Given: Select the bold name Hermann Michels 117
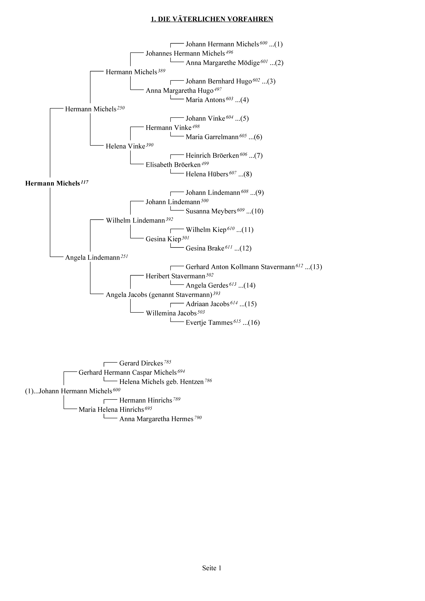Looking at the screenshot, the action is click(x=57, y=183).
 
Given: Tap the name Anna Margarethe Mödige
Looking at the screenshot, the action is click(x=223, y=63).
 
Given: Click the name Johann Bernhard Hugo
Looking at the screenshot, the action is click(x=219, y=81).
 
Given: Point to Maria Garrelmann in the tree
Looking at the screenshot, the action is click(x=212, y=137).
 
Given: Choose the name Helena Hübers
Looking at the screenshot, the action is click(x=207, y=174).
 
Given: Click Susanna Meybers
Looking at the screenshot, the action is click(x=211, y=211).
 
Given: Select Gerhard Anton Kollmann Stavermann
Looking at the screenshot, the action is click(x=240, y=267).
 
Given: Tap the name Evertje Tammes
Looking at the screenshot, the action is click(x=209, y=323).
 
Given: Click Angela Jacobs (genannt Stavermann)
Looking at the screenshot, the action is click(x=159, y=295).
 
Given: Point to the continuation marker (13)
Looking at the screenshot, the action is click(x=316, y=267).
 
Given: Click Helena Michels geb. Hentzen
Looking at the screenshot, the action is click(x=161, y=382).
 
